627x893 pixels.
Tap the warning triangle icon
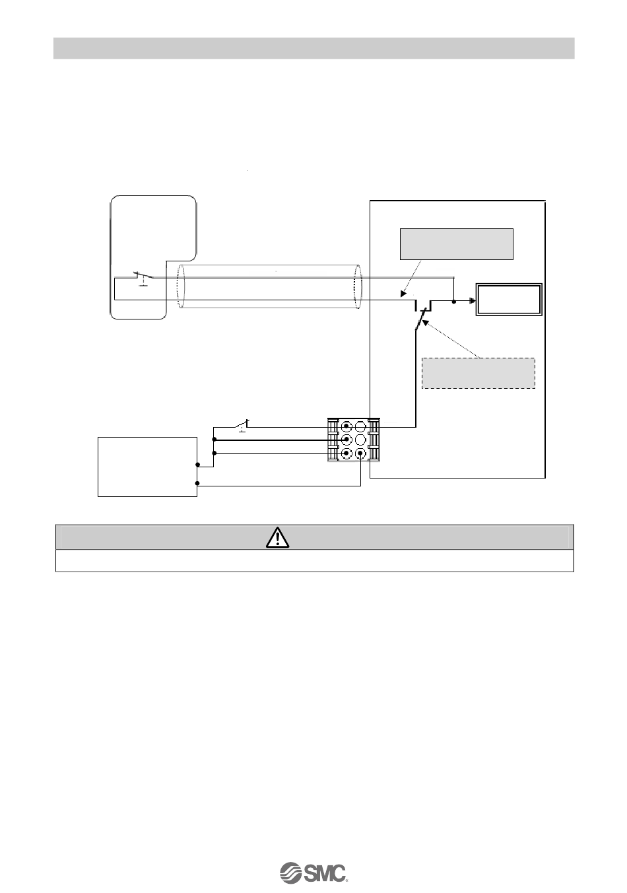[279, 537]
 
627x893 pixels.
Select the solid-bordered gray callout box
[456, 244]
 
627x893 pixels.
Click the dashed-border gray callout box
[478, 374]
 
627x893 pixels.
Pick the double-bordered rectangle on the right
[510, 300]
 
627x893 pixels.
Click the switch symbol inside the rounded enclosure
[142, 277]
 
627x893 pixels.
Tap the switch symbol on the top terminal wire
[244, 424]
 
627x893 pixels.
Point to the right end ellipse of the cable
[358, 288]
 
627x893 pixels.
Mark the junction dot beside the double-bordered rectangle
[454, 302]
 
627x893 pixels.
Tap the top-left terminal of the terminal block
[346, 426]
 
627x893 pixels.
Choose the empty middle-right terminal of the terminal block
[360, 440]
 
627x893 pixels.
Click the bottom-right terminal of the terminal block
[360, 454]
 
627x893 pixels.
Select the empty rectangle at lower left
[147, 466]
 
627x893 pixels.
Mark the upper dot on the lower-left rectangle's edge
[197, 465]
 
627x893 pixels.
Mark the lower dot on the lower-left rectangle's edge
[197, 484]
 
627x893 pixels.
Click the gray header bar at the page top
[313, 48]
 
